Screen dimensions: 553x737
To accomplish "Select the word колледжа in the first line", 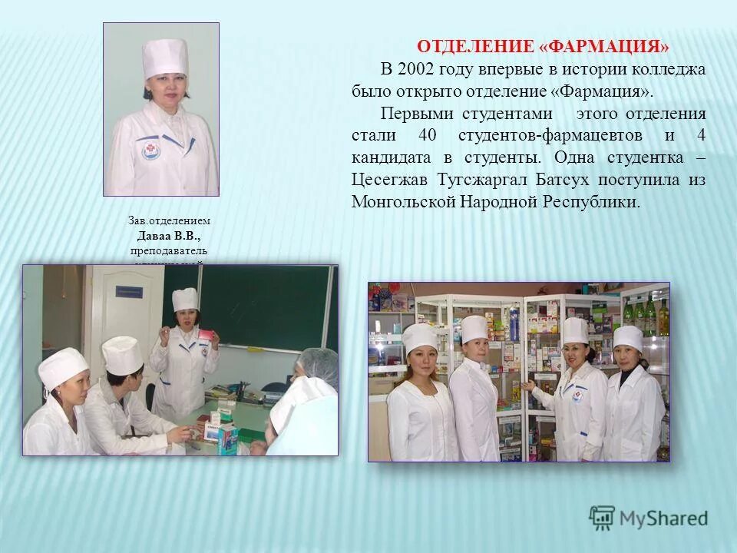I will [668, 69].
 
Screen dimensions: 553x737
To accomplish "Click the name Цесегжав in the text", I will [389, 180].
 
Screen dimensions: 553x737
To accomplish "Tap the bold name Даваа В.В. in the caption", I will [169, 235].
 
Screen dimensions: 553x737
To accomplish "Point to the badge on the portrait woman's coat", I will [151, 150].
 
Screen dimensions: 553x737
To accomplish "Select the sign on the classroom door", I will [129, 292].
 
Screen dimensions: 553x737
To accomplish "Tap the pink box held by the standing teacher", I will [207, 336].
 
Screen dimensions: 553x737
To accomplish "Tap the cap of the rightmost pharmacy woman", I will [627, 337].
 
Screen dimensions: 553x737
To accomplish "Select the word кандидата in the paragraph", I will [390, 158].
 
